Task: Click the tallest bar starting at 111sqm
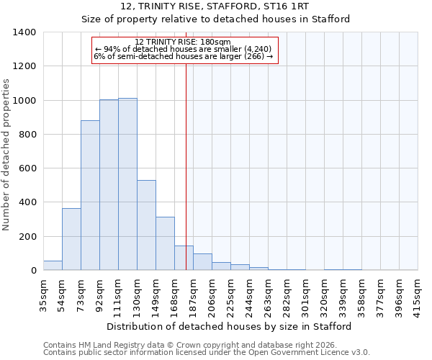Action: tap(127, 184)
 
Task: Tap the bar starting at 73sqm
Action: tap(90, 195)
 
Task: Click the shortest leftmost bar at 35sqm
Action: tap(53, 265)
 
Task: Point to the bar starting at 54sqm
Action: tap(71, 239)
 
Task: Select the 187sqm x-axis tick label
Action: tap(193, 294)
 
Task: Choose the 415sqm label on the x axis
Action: tap(418, 294)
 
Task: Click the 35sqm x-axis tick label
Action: tap(43, 294)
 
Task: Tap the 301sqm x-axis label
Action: tap(305, 294)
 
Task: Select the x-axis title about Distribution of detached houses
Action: tap(230, 326)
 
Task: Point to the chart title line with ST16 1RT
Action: tap(215, 6)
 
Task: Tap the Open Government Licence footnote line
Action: tap(207, 352)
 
